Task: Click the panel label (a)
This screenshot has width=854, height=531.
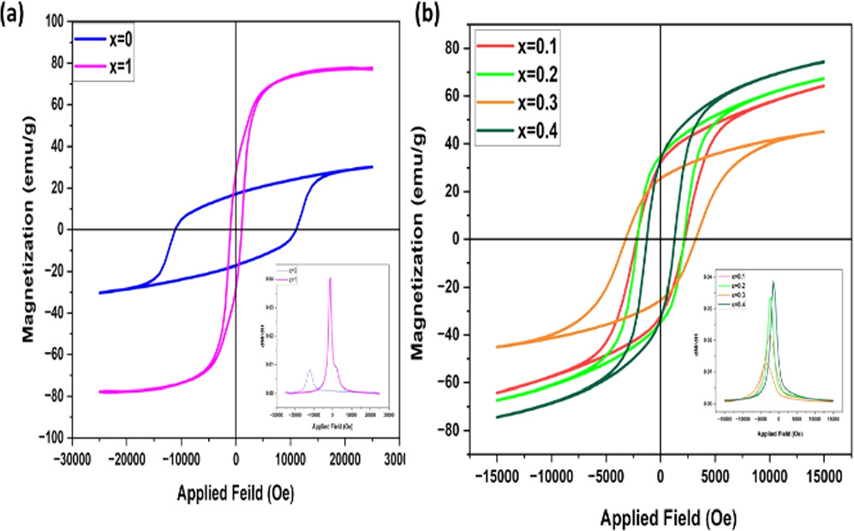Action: click(x=12, y=11)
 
